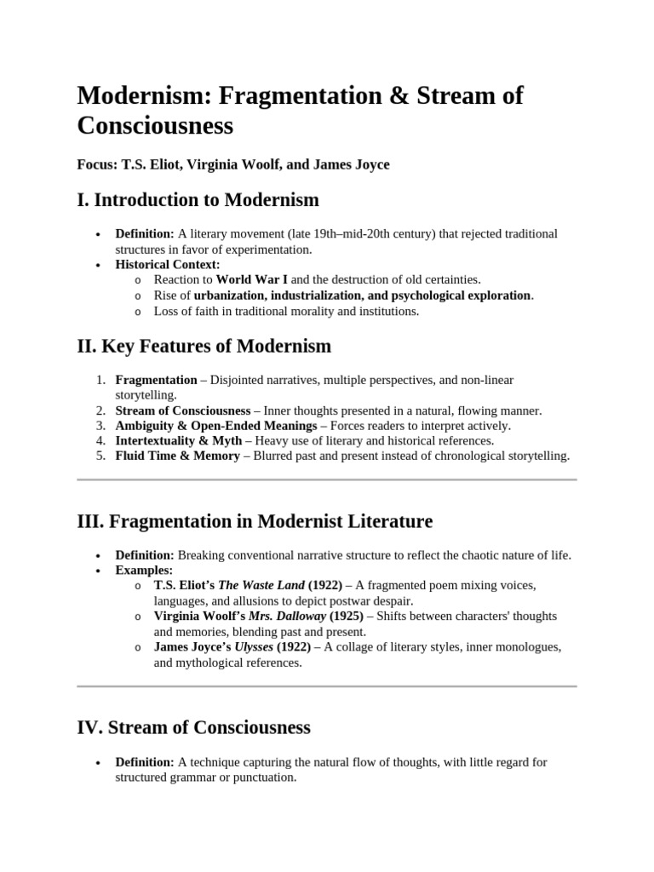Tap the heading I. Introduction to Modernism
(x=198, y=201)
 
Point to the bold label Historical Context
(x=167, y=265)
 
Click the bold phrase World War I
(x=252, y=279)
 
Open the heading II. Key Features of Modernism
(x=204, y=347)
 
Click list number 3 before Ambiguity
(x=100, y=425)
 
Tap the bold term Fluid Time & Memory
(x=177, y=456)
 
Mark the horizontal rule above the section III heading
(x=327, y=480)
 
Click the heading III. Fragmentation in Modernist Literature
(x=255, y=521)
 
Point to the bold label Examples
(x=143, y=570)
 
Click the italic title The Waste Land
(x=251, y=586)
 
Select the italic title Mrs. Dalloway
(x=283, y=617)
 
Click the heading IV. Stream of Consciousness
(x=193, y=728)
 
